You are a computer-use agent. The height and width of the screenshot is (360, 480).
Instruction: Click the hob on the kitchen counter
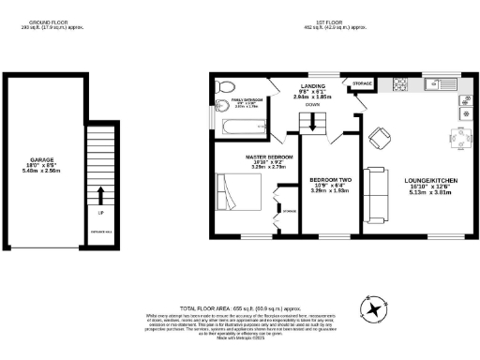pyautogui.click(x=399, y=85)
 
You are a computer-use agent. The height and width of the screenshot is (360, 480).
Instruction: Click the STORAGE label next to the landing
pyautogui.click(x=361, y=84)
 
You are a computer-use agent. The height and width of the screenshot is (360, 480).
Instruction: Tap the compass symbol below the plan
pyautogui.click(x=373, y=308)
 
